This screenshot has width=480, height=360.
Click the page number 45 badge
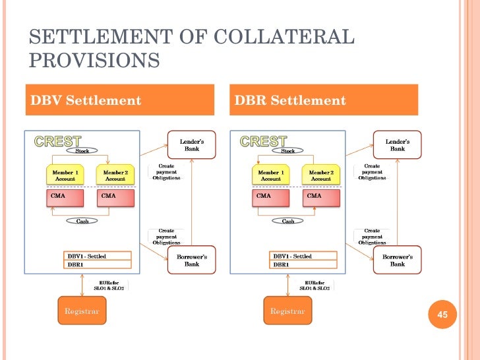coord(442,315)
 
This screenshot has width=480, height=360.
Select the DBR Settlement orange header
coord(324,101)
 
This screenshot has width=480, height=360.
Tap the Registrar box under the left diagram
coord(82,311)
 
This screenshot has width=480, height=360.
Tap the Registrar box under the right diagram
coord(287,311)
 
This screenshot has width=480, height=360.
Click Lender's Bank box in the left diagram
coord(191,145)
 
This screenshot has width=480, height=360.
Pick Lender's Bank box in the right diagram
coord(397,145)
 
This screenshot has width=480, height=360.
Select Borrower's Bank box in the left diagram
coord(191,260)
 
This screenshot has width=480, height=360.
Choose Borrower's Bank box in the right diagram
coord(397,260)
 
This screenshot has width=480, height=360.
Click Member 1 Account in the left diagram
coord(65,175)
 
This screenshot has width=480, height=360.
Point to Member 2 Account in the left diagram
coord(115,175)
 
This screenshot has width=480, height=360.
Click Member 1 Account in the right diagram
coord(270,175)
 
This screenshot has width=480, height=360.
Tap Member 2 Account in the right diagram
coord(320,175)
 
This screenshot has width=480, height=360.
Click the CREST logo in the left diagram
coord(57,141)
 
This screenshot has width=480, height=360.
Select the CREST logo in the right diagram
coord(263,141)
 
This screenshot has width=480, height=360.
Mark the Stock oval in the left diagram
coord(82,150)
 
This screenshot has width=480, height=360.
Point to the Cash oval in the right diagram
coord(288,221)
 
